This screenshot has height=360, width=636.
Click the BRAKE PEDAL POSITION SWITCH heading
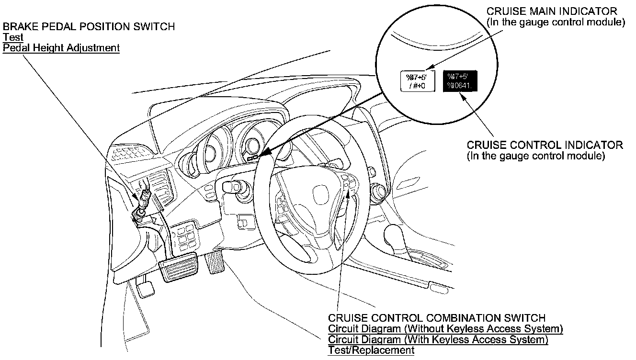[89, 27]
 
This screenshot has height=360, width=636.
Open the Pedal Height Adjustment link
[61, 48]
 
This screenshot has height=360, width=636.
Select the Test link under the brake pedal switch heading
[13, 37]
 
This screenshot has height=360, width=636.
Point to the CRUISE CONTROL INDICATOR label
[545, 145]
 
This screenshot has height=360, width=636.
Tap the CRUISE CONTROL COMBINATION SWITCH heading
[436, 318]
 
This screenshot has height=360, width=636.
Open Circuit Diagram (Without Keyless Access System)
[445, 329]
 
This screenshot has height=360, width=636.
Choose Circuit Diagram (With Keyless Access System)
[438, 340]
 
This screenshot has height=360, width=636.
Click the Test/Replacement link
[371, 350]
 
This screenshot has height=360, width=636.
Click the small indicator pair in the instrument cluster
[253, 157]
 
